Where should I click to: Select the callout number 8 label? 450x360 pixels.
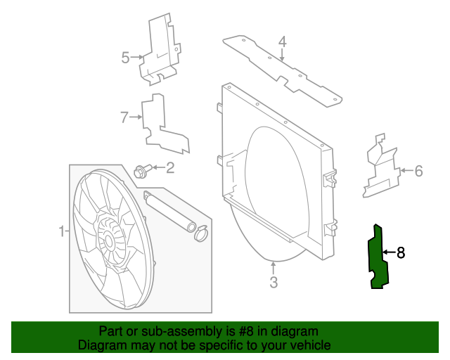point(401,252)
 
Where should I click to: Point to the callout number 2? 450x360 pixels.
point(169,167)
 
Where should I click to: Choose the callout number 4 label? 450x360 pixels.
point(282,42)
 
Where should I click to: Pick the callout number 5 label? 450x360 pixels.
point(125,58)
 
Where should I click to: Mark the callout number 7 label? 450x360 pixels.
point(124,117)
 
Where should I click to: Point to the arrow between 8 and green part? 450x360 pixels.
point(389,252)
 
